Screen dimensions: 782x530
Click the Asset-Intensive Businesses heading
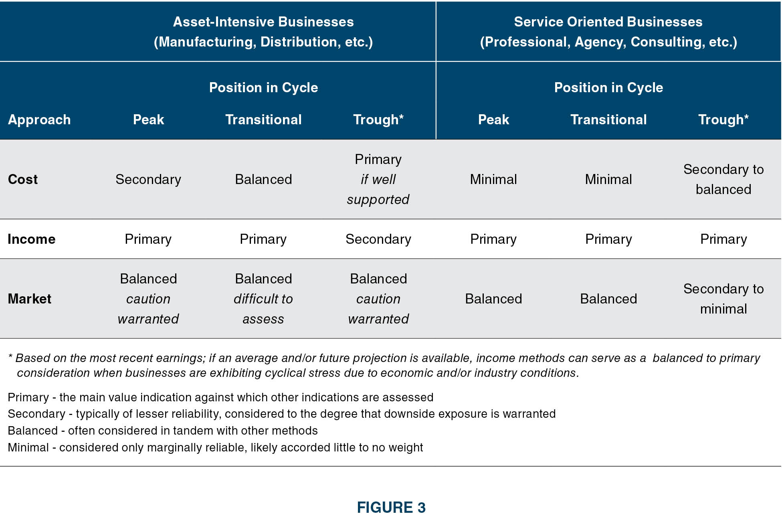[x=263, y=32]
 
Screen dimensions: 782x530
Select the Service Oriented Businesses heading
[x=608, y=32]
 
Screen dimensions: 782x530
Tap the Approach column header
[x=39, y=119]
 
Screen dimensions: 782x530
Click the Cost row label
[x=23, y=179]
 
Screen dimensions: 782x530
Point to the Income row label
[x=32, y=239]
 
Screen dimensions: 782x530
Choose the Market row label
[x=30, y=299]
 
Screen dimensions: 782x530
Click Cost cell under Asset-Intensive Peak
[x=148, y=179]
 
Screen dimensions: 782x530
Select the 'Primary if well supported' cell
[x=378, y=179]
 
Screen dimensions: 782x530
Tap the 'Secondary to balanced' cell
[x=723, y=179]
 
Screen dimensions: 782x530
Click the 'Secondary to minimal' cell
[x=723, y=299]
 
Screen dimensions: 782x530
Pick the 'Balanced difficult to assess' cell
[x=263, y=299]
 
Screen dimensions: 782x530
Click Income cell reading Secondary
[x=378, y=239]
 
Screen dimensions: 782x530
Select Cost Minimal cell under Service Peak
[x=493, y=179]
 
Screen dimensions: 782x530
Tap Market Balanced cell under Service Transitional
[x=608, y=299]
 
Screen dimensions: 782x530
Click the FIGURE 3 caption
[x=391, y=508]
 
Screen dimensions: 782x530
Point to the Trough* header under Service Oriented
[x=723, y=119]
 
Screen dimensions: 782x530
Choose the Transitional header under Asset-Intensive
[x=263, y=119]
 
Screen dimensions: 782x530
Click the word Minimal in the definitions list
[x=28, y=447]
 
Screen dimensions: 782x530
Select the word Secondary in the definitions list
[x=36, y=414]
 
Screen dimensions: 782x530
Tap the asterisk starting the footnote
[x=10, y=356]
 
